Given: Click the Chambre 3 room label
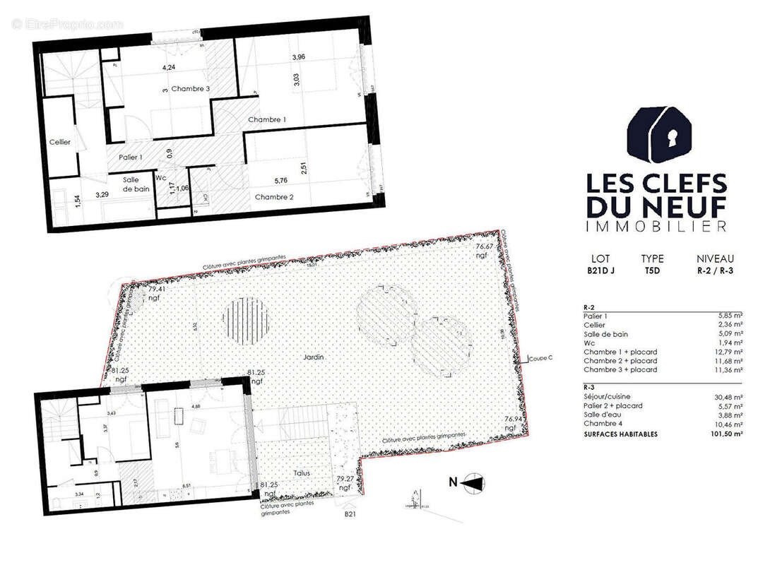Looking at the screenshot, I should tap(190, 89).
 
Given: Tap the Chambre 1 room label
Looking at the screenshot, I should tap(266, 120).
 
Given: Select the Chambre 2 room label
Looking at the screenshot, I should tap(274, 197).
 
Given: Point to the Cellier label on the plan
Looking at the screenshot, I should tap(60, 143).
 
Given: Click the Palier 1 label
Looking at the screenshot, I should tap(130, 157).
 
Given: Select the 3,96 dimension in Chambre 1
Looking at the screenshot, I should tap(298, 57).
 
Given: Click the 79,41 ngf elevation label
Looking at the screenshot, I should tap(156, 294).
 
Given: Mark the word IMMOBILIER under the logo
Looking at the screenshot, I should tap(656, 227).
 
